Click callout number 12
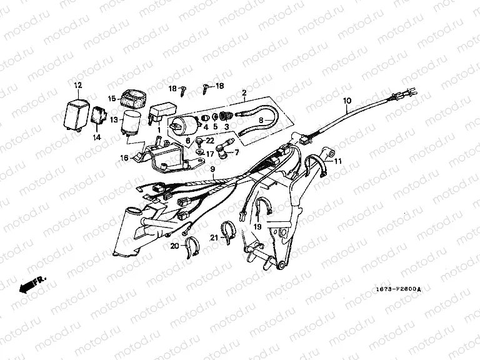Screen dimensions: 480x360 point(78,85)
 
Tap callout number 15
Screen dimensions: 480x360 point(111,98)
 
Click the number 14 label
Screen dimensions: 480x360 point(97,136)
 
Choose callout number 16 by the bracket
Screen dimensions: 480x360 point(124,159)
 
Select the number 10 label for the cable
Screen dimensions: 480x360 point(347,101)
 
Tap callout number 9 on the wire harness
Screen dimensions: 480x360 point(212,169)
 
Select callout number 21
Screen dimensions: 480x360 point(213,237)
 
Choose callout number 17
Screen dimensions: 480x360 point(211,152)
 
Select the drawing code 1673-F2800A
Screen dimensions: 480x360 point(398,289)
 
